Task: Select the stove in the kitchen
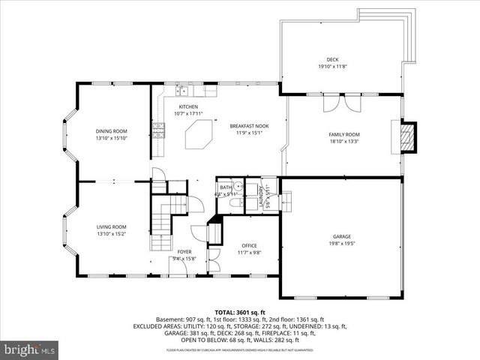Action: [157, 130]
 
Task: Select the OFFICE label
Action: [249, 245]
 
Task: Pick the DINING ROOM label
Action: [111, 130]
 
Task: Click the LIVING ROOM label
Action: [111, 226]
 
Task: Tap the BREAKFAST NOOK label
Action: [249, 126]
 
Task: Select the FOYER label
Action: [184, 251]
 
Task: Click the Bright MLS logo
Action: [30, 349]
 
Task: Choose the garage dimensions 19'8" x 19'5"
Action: [341, 243]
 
